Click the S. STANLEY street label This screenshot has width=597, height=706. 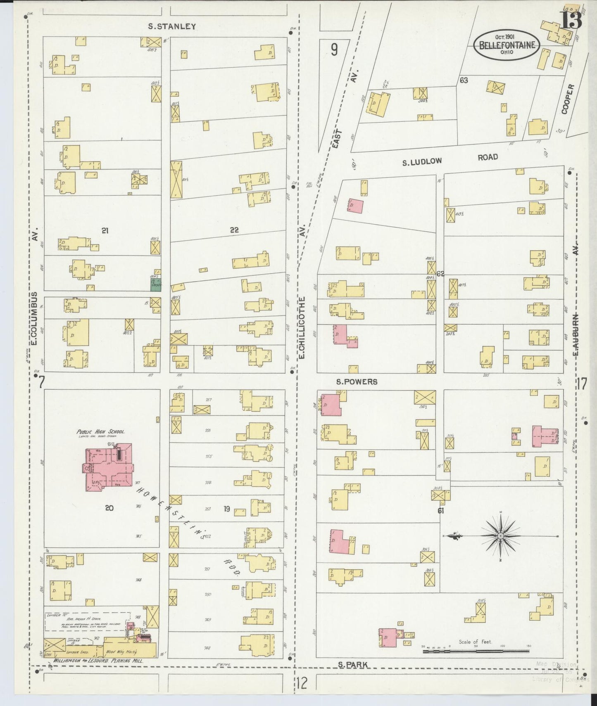[172, 26]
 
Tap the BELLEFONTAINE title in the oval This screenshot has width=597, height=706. [507, 45]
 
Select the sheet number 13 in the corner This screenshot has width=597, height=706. [571, 19]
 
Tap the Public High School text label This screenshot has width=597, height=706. [100, 432]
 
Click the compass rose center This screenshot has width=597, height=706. [500, 535]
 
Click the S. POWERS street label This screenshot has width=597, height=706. [357, 382]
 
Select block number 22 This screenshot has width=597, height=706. [234, 230]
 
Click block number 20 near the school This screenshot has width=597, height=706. [109, 508]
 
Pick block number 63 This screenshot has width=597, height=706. [464, 80]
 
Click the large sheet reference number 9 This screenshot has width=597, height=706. [334, 50]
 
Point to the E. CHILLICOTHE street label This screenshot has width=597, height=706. [302, 327]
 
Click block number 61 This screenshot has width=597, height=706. [441, 511]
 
